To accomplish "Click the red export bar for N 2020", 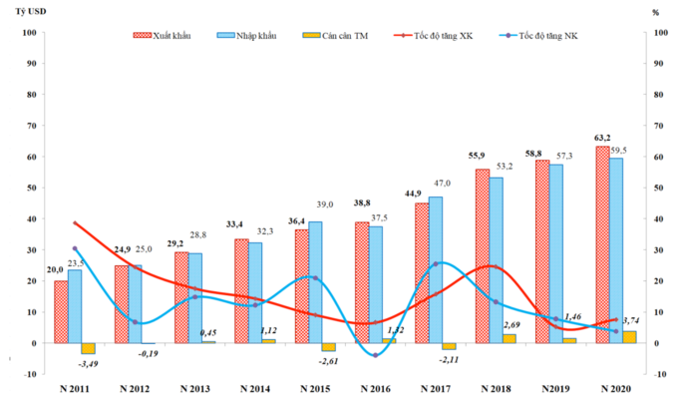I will [602, 244].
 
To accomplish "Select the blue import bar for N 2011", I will [75, 305].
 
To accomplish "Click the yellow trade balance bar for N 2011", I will [88, 348].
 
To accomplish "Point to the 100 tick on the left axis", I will [29, 32].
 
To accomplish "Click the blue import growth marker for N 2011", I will [75, 248].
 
